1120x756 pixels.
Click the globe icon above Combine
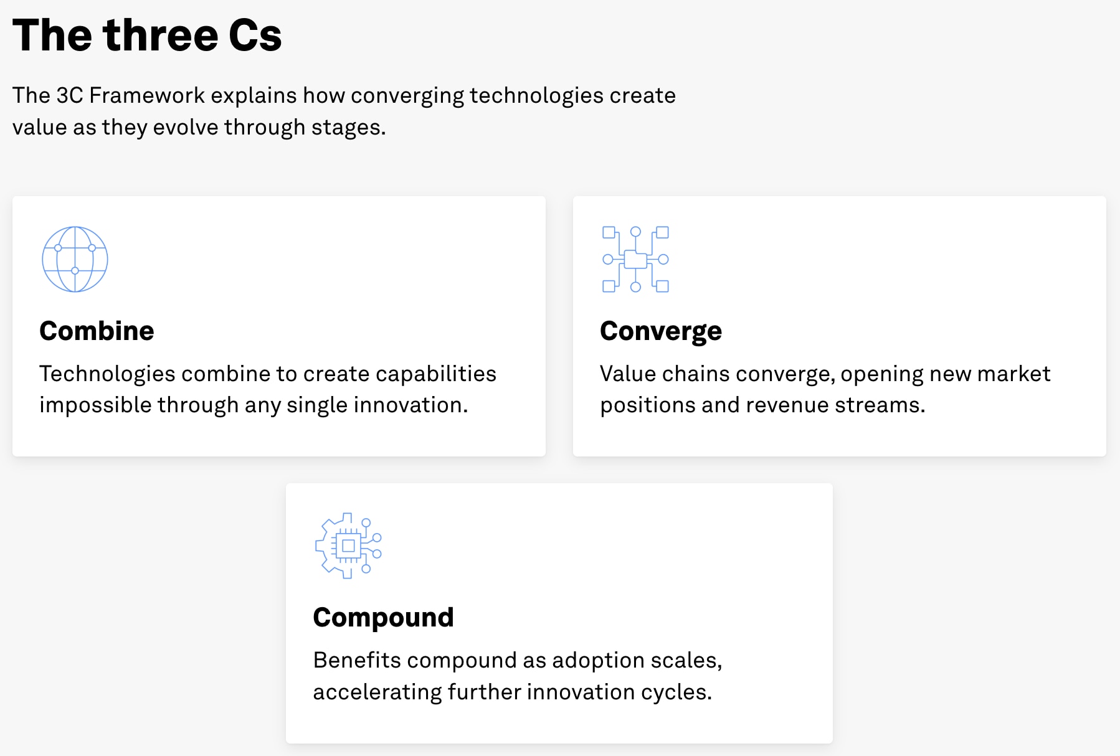[75, 259]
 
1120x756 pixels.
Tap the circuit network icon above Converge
[635, 259]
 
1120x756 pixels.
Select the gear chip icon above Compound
[348, 546]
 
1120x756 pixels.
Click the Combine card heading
[97, 331]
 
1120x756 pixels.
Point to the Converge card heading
[660, 331]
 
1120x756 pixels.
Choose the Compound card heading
[383, 617]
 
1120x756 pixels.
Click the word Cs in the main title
[255, 35]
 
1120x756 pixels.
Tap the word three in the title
[161, 35]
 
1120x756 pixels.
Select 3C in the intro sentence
[69, 95]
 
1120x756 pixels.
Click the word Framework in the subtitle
[147, 95]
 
